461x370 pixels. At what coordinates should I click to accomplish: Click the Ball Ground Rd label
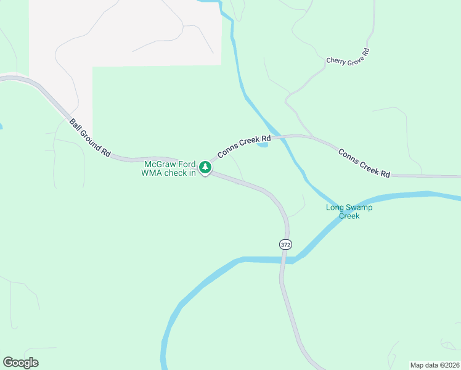pyautogui.click(x=90, y=138)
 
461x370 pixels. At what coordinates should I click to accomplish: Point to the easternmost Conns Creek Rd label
pyautogui.click(x=364, y=163)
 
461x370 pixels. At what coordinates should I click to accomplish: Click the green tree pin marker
pyautogui.click(x=205, y=166)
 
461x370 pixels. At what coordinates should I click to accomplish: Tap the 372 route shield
pyautogui.click(x=285, y=244)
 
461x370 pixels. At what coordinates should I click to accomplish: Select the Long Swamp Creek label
pyautogui.click(x=349, y=212)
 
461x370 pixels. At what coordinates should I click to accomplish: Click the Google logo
pyautogui.click(x=20, y=363)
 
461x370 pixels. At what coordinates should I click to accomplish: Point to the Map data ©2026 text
pyautogui.click(x=434, y=365)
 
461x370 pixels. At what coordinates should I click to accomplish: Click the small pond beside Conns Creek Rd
pyautogui.click(x=263, y=145)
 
